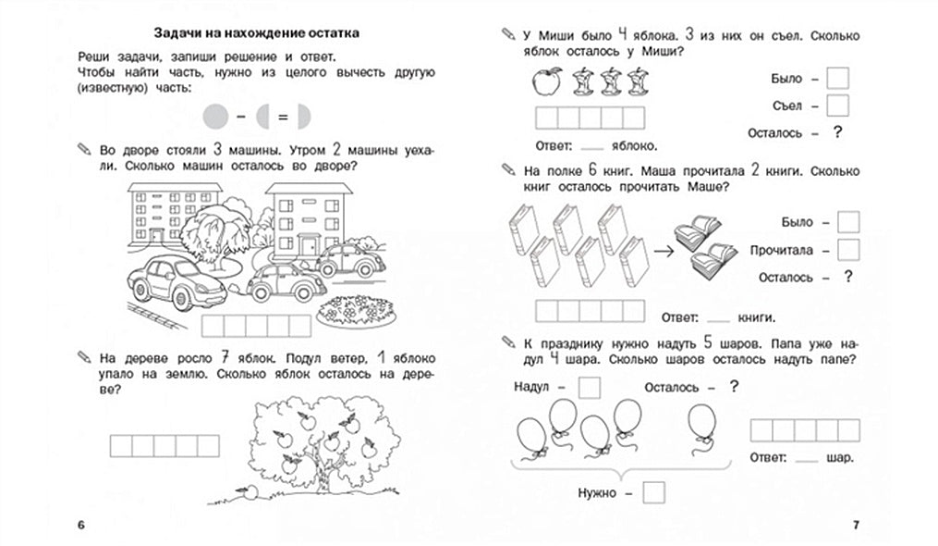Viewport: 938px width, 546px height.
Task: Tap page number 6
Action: [81, 526]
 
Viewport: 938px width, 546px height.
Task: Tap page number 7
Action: [856, 526]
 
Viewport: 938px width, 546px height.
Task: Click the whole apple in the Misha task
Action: [545, 83]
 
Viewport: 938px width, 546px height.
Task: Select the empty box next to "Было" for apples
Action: [837, 79]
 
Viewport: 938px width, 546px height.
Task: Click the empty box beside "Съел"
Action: [837, 105]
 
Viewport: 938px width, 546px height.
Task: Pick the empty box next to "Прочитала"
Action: [848, 250]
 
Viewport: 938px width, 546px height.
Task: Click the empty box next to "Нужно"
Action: [654, 493]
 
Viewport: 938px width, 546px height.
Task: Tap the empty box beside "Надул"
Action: [589, 386]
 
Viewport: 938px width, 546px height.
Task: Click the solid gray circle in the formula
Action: [214, 118]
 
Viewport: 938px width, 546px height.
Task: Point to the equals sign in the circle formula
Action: [283, 118]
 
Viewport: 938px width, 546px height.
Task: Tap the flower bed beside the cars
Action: [356, 313]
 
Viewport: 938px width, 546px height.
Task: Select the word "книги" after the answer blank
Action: [756, 316]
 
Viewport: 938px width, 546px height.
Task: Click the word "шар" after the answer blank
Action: [840, 458]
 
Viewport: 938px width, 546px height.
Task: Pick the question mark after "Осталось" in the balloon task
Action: [734, 386]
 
